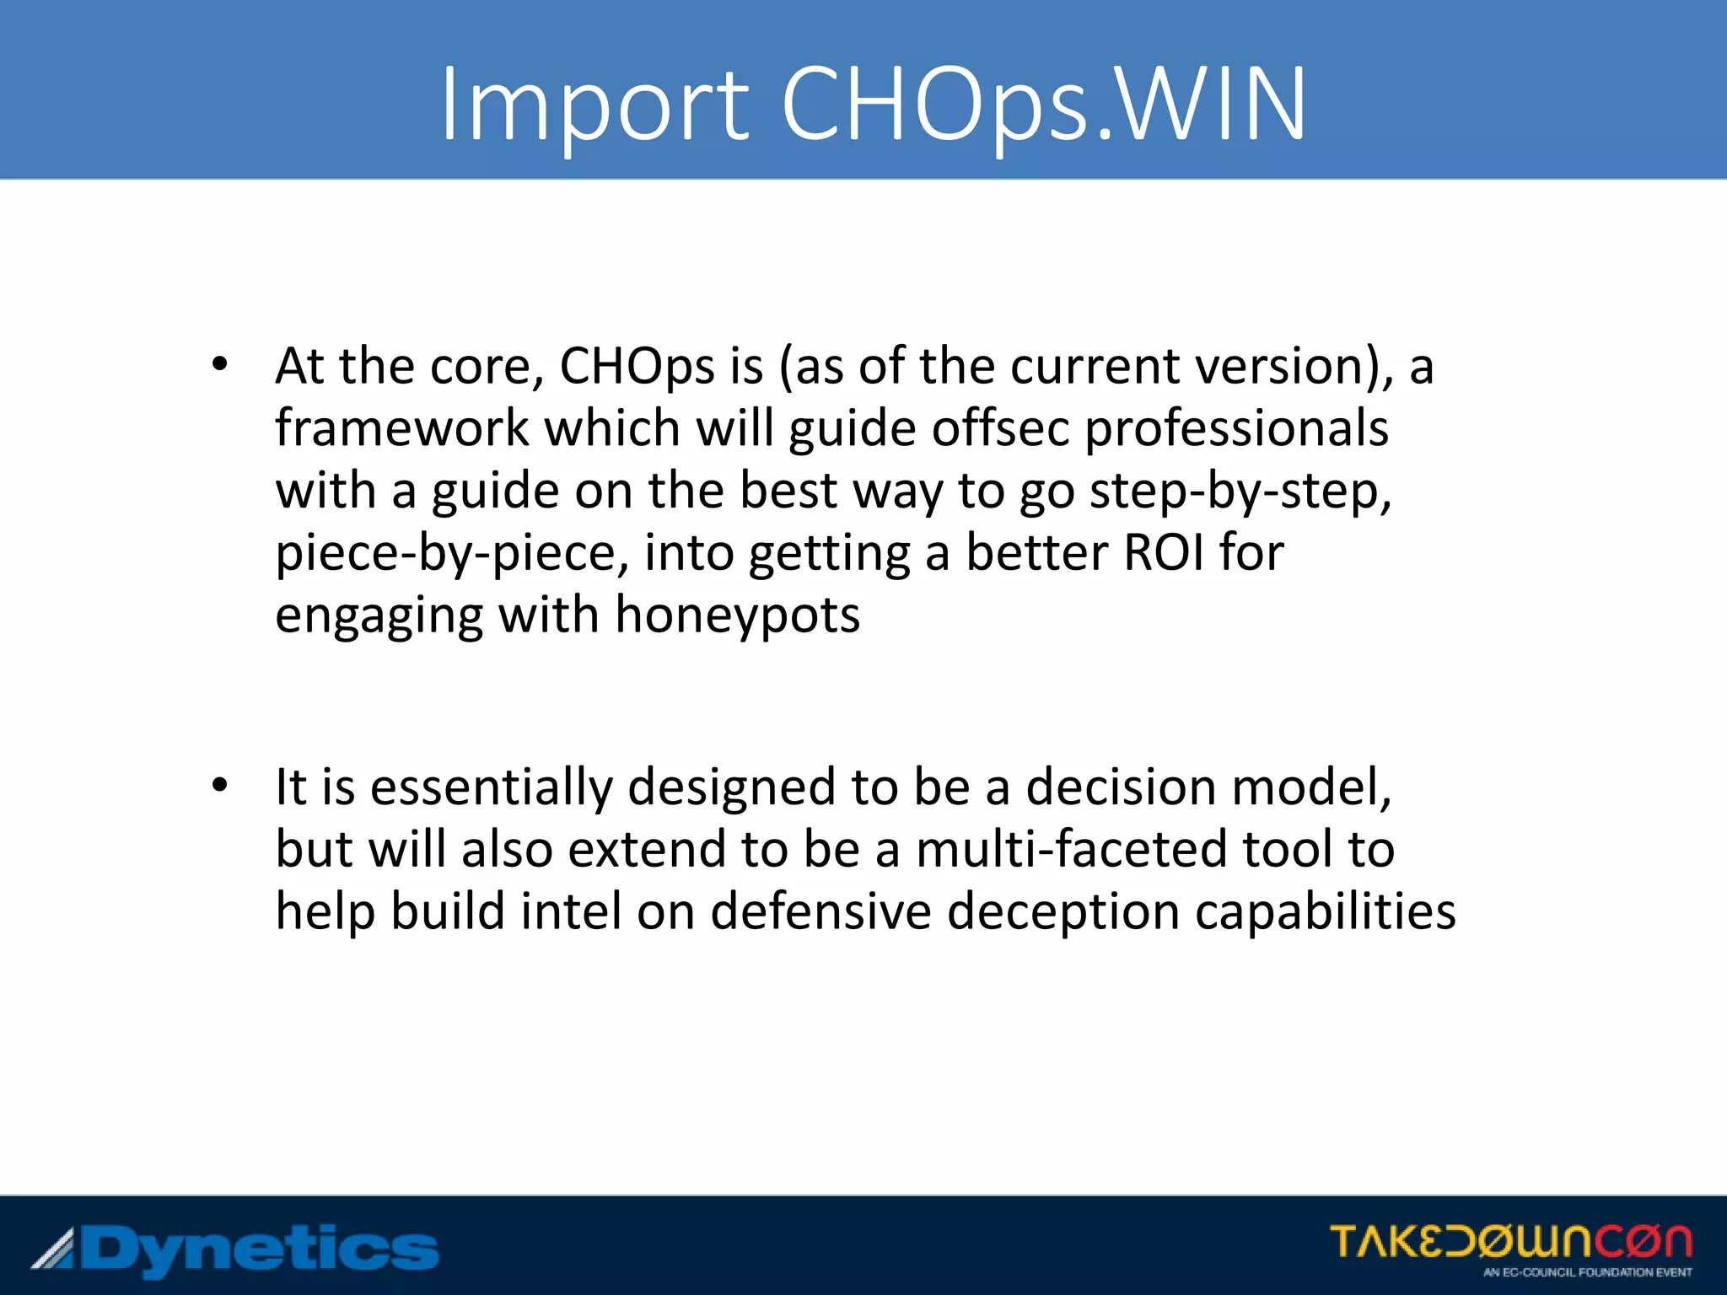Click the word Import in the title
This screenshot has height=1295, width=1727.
(x=594, y=105)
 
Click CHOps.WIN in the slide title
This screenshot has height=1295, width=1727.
(x=1044, y=105)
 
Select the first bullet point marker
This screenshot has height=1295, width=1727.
(x=220, y=365)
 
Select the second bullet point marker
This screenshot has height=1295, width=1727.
(x=220, y=786)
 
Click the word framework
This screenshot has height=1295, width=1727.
(x=401, y=428)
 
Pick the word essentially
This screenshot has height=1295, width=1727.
(x=492, y=788)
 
